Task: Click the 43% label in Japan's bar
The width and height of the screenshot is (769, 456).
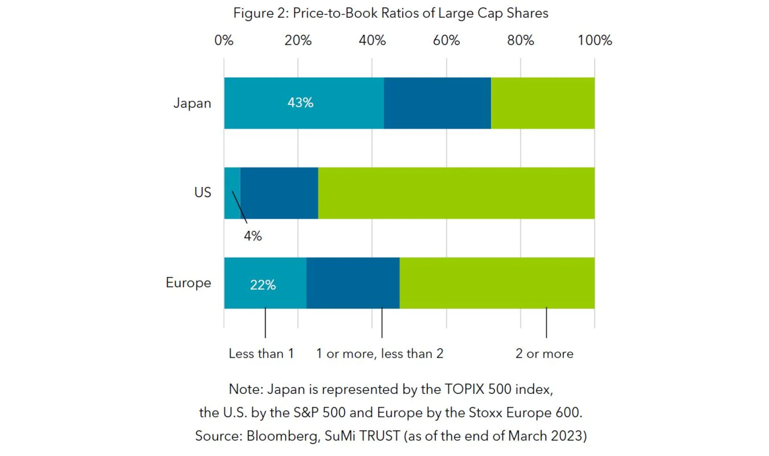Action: [300, 103]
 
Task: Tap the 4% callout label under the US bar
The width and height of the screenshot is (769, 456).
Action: [253, 236]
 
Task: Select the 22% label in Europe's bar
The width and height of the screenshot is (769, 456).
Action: [263, 285]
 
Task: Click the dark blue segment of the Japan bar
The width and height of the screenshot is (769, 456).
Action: [437, 103]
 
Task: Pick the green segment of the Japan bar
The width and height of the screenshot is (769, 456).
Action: [543, 103]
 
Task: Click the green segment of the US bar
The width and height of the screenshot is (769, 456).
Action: [456, 193]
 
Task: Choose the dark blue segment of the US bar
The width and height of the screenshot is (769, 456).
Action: [279, 193]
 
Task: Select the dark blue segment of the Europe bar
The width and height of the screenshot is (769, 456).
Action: [353, 283]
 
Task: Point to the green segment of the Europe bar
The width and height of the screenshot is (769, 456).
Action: [497, 283]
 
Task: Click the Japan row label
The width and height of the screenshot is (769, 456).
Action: [192, 103]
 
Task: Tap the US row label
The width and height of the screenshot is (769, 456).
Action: [203, 193]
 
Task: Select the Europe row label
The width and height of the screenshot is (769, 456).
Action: [188, 283]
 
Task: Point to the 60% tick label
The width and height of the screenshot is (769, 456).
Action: [446, 40]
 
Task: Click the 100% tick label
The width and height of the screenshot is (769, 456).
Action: [595, 40]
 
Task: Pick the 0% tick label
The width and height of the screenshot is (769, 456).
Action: [223, 40]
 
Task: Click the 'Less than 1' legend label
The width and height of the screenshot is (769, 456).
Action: [261, 354]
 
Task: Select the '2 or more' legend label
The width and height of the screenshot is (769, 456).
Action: [544, 354]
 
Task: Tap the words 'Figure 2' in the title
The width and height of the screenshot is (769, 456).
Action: [260, 13]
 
